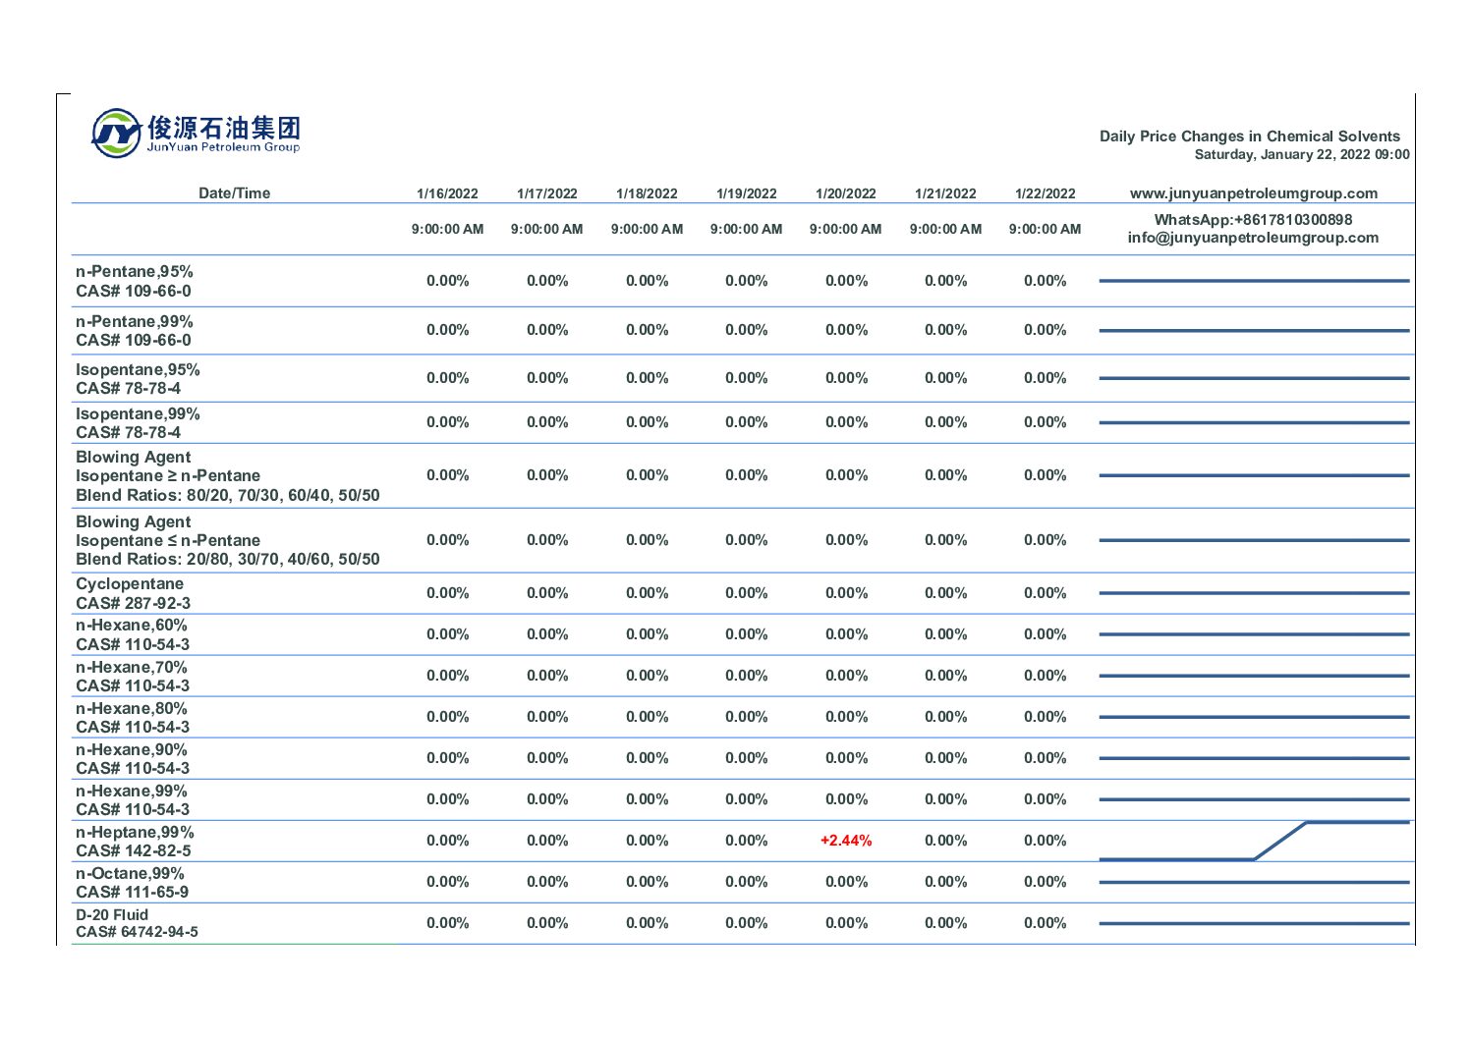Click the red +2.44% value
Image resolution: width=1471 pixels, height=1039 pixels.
(x=845, y=841)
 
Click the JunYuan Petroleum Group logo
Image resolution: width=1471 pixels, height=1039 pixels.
(x=196, y=134)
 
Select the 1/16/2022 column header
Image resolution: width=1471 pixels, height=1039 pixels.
(x=447, y=193)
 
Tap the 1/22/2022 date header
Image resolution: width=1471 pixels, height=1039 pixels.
(x=1045, y=193)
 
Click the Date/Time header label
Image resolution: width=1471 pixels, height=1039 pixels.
(x=234, y=193)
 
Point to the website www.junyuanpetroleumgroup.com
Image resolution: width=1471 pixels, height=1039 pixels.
(x=1253, y=193)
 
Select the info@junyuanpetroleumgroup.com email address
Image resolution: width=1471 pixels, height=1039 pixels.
(x=1253, y=238)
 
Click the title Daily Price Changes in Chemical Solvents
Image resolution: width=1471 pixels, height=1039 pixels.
(x=1249, y=137)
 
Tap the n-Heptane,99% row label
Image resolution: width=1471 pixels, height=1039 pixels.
(x=135, y=833)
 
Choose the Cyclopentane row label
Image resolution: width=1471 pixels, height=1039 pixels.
(x=130, y=584)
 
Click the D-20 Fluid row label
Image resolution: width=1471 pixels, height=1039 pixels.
(x=112, y=915)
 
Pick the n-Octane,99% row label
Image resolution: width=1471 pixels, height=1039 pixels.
(x=130, y=874)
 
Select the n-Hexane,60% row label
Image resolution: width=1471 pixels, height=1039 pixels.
(x=131, y=626)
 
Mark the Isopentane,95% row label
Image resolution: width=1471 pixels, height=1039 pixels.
(x=138, y=370)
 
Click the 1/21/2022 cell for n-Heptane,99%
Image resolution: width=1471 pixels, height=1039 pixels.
(x=945, y=841)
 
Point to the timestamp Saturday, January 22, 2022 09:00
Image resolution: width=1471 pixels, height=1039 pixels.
(x=1301, y=155)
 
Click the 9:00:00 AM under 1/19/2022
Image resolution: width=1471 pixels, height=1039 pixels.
(x=746, y=230)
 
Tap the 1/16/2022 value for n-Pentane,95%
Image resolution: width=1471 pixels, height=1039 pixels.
(x=447, y=281)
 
